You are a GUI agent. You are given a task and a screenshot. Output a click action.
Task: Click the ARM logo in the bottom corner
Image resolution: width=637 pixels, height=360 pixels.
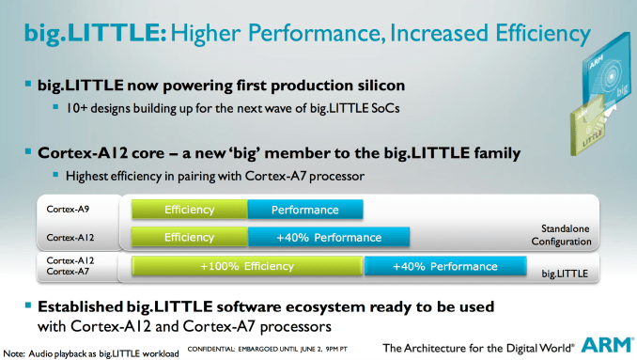(608, 345)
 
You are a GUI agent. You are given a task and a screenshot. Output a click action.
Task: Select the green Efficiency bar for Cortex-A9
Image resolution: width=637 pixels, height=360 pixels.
(189, 210)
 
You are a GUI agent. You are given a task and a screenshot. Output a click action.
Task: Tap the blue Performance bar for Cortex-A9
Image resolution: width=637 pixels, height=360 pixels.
(305, 210)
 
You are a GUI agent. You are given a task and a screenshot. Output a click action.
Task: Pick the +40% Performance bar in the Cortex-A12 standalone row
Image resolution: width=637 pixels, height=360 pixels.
(329, 237)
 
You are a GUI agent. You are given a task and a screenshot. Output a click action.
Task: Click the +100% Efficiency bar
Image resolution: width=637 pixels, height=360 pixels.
(247, 266)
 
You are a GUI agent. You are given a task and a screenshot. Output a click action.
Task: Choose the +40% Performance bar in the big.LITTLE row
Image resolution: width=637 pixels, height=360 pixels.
(445, 266)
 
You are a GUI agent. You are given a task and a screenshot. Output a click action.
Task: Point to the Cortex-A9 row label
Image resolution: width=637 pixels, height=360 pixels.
(68, 209)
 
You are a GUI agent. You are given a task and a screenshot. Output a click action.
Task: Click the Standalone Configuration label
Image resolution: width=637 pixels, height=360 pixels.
(562, 235)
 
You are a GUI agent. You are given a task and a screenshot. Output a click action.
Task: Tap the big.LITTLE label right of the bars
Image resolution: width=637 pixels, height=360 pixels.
(565, 274)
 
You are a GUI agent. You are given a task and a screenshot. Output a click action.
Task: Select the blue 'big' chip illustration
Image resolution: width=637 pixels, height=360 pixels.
(608, 73)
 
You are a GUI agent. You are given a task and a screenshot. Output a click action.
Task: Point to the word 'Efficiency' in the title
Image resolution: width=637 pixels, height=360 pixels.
(543, 33)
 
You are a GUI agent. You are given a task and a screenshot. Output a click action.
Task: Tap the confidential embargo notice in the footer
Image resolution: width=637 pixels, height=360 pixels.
(268, 349)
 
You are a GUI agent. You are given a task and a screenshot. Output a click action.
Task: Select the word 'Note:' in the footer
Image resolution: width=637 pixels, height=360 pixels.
(14, 353)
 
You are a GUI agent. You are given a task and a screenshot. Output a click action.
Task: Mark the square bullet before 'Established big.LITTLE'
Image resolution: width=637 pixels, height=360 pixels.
(28, 305)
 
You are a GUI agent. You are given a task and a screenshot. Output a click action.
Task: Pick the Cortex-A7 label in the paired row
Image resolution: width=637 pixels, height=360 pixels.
(68, 271)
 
